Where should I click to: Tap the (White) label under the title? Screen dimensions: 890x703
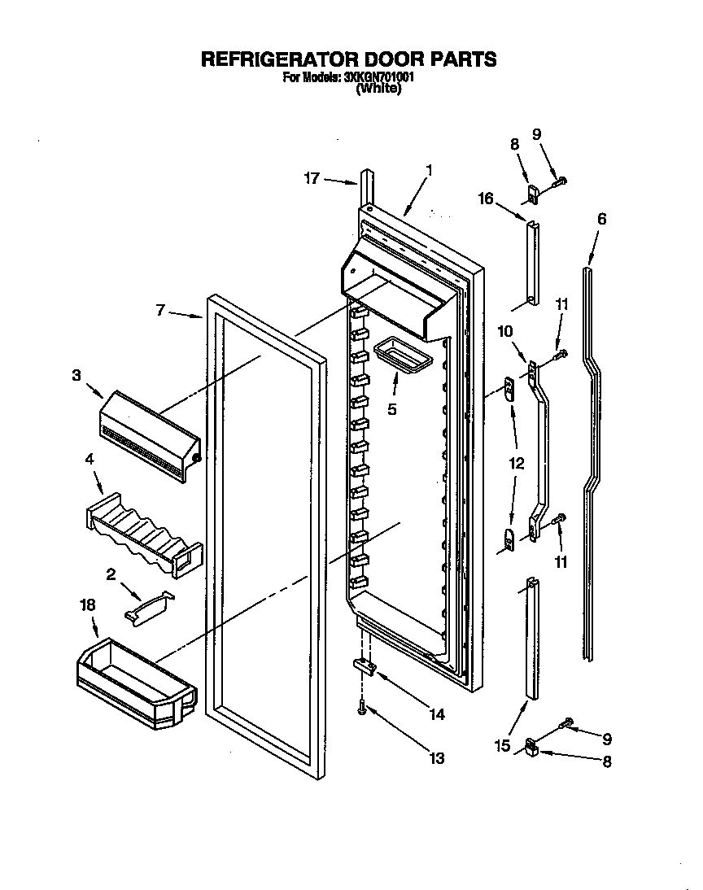coord(379,89)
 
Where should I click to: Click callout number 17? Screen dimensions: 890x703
coord(312,179)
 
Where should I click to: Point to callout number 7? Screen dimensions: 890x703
coord(160,309)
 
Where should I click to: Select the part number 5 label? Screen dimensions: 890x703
coord(392,409)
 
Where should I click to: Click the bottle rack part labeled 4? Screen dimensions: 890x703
coord(142,532)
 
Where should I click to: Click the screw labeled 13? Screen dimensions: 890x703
coord(361,710)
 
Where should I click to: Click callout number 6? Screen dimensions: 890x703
coord(601,219)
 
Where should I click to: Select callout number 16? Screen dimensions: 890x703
coord(486,199)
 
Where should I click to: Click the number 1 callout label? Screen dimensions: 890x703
coord(429,171)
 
